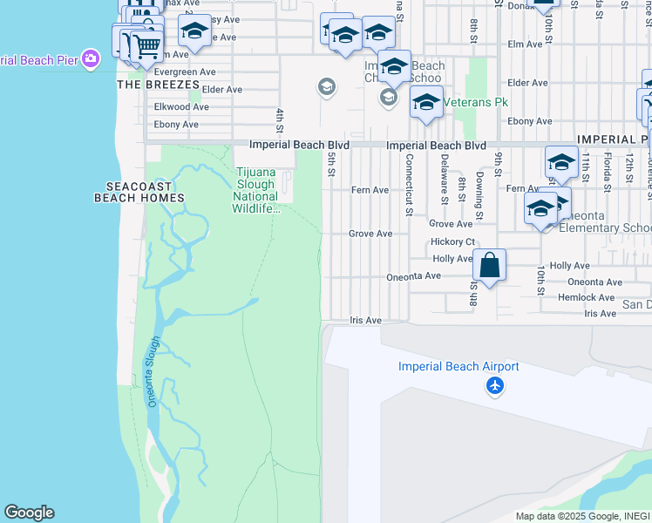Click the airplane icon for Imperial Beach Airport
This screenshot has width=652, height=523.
click(495, 384)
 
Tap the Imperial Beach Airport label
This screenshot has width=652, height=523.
click(458, 367)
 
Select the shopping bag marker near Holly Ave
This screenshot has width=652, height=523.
click(490, 264)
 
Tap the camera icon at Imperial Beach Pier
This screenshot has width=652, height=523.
click(90, 59)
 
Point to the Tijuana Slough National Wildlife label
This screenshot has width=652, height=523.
click(255, 190)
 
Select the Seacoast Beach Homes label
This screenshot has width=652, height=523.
click(139, 192)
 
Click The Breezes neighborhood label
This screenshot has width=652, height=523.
click(153, 85)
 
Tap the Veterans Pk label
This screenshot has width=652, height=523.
click(475, 102)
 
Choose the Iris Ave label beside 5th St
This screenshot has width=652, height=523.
click(366, 321)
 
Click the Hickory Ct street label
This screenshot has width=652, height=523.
click(452, 241)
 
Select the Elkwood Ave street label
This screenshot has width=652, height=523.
click(181, 107)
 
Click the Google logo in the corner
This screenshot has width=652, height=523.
click(29, 513)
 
